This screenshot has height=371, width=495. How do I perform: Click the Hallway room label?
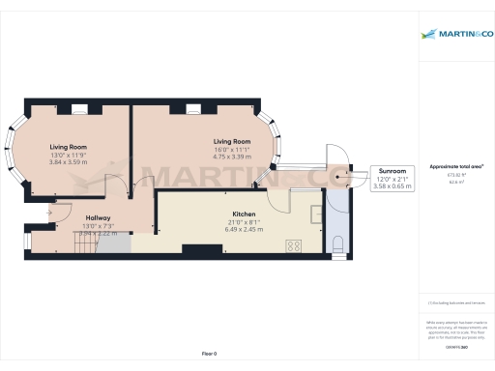(98, 218)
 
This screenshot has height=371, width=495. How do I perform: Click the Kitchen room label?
(243, 214)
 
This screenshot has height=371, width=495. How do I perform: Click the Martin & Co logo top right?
(456, 35)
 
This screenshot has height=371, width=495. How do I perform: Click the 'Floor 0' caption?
(209, 355)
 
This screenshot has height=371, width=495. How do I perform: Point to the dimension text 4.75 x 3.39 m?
(231, 156)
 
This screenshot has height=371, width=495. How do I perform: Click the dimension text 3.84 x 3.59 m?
(68, 161)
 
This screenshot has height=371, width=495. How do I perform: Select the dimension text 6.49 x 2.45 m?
(243, 229)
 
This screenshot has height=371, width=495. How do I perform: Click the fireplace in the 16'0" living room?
(192, 108)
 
